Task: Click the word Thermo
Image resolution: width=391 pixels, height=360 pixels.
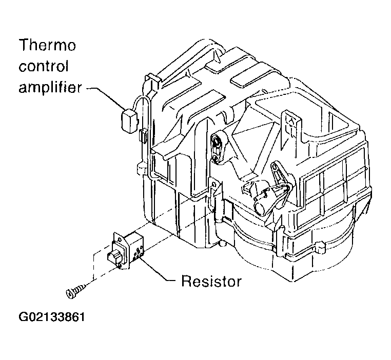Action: coord(47,45)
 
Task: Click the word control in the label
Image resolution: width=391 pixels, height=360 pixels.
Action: coord(44,66)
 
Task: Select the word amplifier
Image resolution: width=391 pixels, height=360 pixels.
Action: coord(50,87)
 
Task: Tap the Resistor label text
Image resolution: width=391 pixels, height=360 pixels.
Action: coord(211,281)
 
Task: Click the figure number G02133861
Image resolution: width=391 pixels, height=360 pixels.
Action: coord(52,317)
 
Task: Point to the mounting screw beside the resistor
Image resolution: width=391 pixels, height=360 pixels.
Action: coord(75,291)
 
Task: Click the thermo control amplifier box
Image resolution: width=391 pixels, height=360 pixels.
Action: coord(129,121)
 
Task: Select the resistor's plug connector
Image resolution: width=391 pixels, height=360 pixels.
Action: coord(114,257)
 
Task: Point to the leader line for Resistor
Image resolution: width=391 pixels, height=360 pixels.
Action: coord(157,271)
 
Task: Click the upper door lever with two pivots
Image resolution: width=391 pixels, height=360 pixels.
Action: coord(217,148)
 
